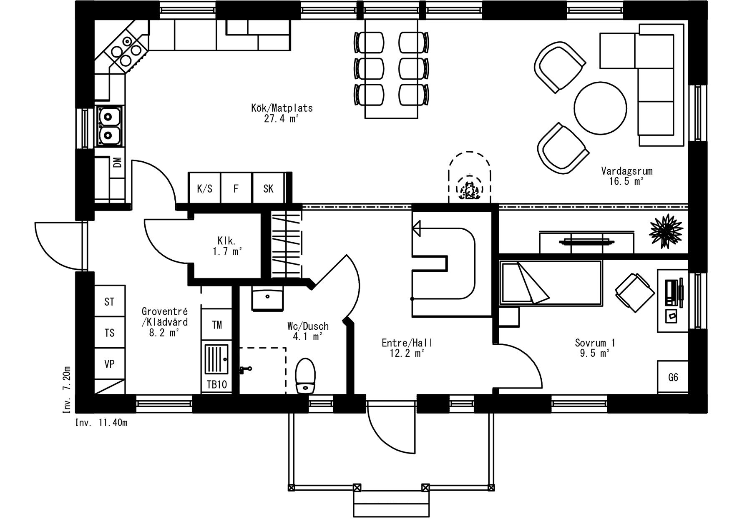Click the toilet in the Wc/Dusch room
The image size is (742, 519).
pos(305,376)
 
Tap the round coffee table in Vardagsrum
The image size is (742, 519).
pos(600,107)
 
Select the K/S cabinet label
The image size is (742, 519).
pos(204,189)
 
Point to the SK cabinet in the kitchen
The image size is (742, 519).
pos(269,188)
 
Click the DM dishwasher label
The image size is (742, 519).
pos(118,162)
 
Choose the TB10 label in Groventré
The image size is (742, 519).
pos(217,384)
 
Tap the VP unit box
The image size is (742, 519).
pos(110,364)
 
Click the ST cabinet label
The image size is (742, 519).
pos(109,301)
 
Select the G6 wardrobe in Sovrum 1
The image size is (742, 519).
pos(673,377)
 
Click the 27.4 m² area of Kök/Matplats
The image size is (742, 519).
pos(282,118)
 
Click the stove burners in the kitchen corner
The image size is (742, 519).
pos(126,51)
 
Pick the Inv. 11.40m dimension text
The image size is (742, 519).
pos(101,423)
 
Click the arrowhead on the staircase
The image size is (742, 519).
pos(416,229)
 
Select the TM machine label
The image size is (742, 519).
pos(217,325)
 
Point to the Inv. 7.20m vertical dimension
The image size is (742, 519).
pos(67,390)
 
